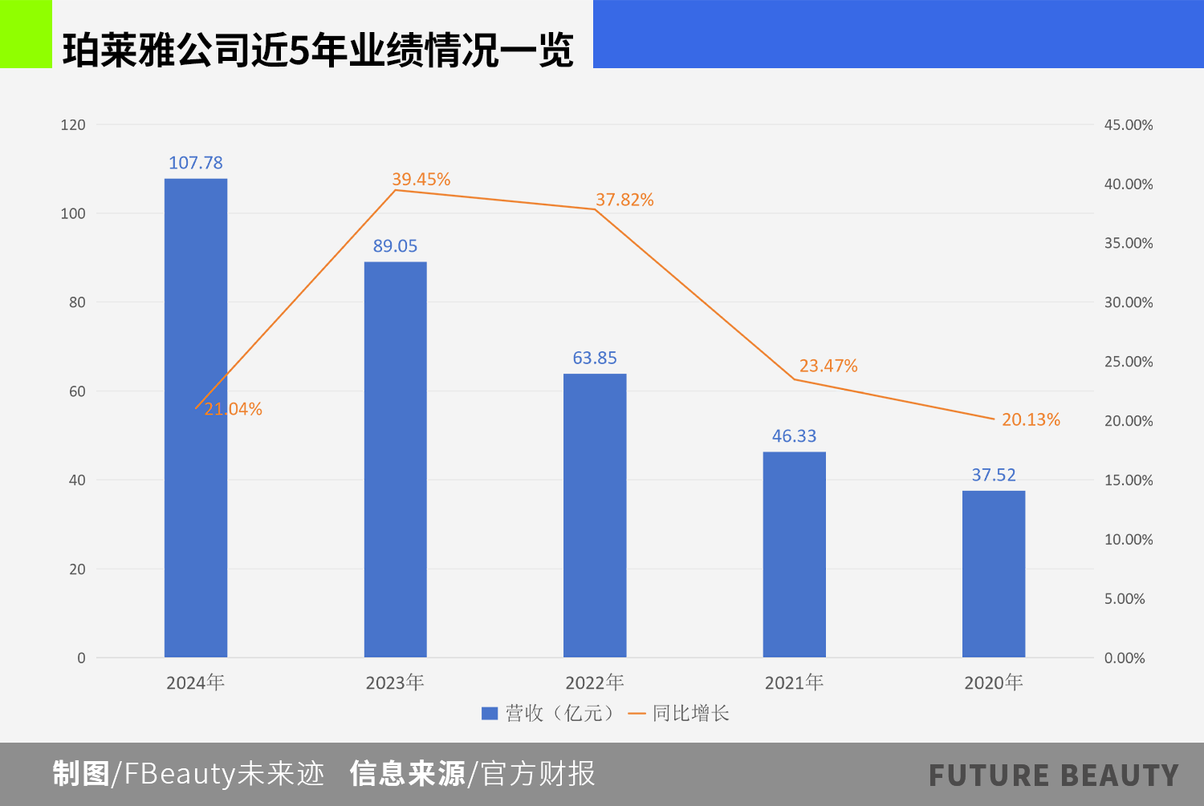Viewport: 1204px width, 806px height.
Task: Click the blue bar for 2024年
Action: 196,481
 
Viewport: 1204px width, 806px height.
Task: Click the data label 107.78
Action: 196,163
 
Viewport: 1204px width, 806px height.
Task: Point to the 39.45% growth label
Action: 421,180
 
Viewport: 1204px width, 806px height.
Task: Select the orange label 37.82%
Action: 624,200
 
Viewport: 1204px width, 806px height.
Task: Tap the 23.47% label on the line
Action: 828,367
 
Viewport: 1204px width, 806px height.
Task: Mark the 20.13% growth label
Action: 1031,419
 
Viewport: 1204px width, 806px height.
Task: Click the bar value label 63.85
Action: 595,358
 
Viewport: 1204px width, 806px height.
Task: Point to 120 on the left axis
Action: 73,125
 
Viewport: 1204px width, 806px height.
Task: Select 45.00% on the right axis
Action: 1128,125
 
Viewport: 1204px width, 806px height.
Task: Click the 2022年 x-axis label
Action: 595,682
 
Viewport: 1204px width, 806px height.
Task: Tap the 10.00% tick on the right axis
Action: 1128,540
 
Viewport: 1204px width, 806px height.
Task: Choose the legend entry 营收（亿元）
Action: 550,713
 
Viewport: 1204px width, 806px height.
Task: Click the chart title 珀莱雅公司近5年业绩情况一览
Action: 318,50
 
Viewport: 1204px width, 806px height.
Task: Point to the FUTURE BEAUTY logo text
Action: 1053,776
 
